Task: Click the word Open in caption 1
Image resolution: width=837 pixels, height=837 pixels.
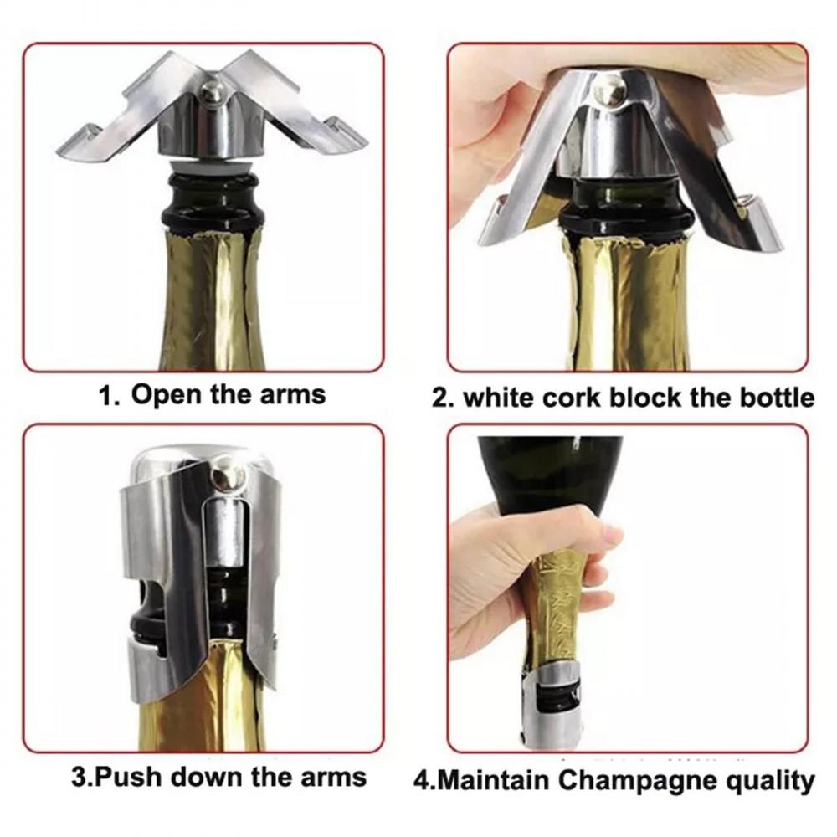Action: (167, 394)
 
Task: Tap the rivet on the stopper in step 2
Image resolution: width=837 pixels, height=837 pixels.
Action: (609, 89)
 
